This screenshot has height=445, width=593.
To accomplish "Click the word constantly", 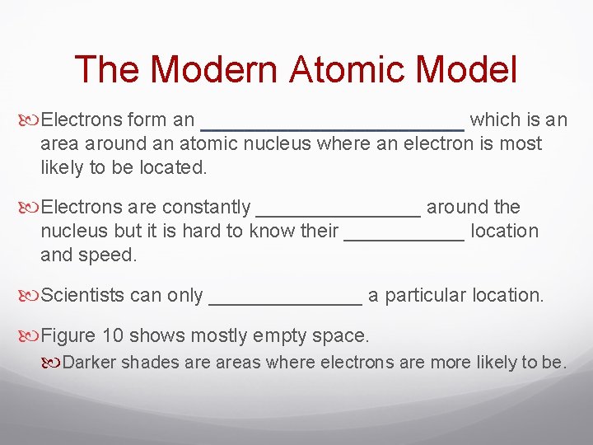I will coord(206,207).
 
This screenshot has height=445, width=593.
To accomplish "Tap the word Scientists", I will coord(82,295).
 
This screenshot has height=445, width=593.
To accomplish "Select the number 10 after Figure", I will coord(113,335).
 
